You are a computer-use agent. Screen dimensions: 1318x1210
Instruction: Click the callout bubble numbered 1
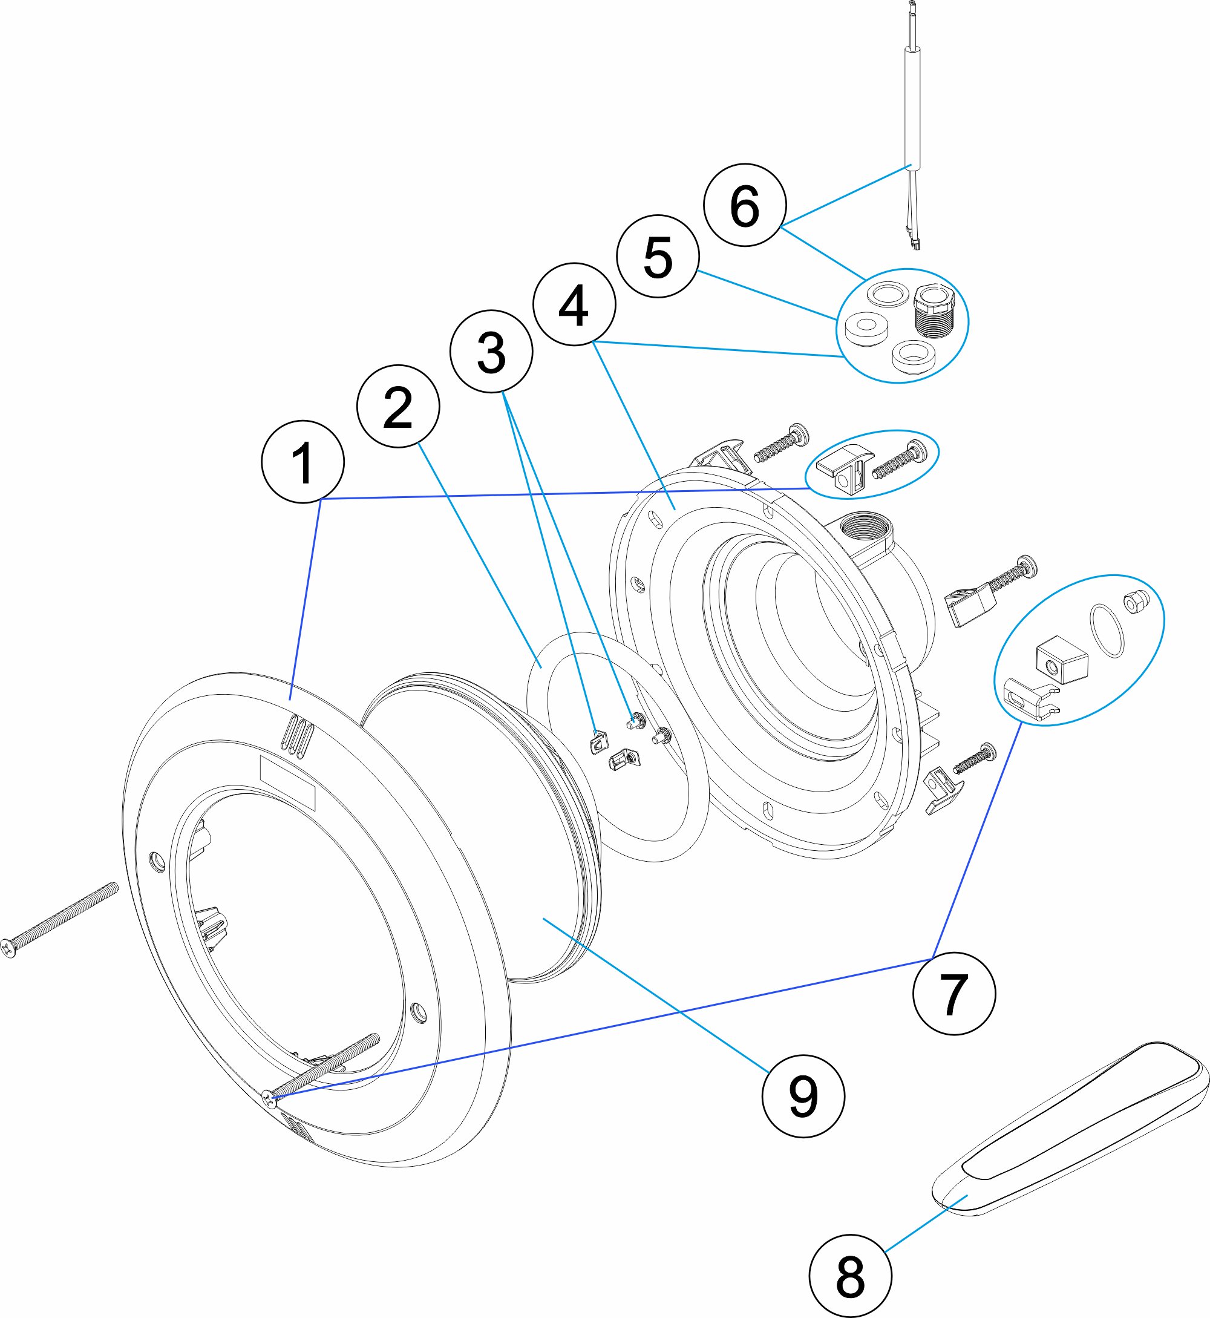tap(302, 462)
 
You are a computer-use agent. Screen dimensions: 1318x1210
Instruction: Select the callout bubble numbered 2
tap(398, 406)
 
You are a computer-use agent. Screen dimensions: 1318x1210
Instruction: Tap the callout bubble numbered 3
tap(491, 352)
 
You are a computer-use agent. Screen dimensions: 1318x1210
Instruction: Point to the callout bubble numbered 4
tap(574, 304)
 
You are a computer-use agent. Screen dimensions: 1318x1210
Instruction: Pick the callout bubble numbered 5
tap(658, 256)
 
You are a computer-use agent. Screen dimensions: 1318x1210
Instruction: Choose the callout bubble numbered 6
tap(745, 205)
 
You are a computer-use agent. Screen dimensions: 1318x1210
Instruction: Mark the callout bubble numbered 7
tap(954, 993)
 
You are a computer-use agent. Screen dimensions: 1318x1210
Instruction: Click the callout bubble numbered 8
tap(851, 1276)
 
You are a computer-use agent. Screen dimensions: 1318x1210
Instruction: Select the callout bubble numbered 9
tap(803, 1096)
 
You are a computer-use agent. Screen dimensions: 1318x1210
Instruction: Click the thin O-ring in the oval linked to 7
tap(1107, 631)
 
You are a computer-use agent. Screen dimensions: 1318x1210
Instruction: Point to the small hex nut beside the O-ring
tap(1136, 600)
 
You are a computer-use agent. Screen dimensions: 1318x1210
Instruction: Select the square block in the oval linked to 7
tap(1061, 660)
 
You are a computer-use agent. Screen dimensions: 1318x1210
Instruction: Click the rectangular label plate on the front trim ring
tap(287, 783)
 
